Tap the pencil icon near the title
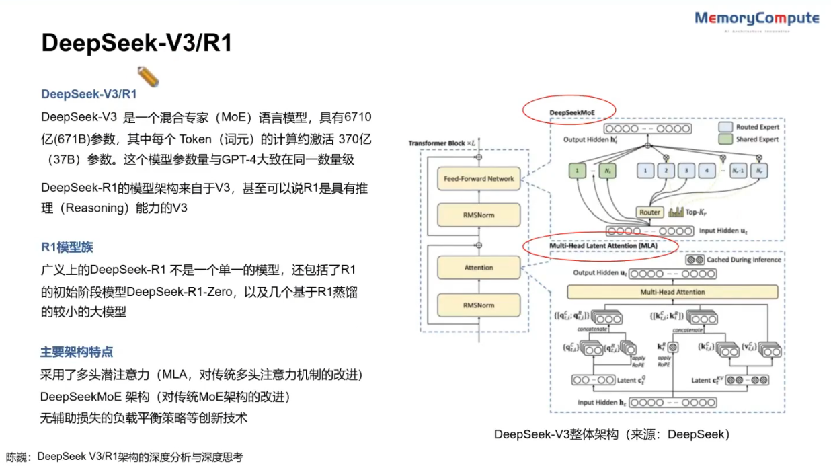coord(148,76)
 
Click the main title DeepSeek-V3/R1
coord(136,44)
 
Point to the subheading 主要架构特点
coord(77,352)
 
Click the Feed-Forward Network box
coord(479,178)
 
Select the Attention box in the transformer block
coord(479,268)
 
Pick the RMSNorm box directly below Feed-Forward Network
coord(479,216)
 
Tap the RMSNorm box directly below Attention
coord(479,305)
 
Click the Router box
coord(649,212)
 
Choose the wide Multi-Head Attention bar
coord(672,292)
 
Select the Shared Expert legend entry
coord(748,139)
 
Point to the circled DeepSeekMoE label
coord(573,112)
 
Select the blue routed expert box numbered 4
coord(707,171)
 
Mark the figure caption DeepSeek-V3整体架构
coord(611,434)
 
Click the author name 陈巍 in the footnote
coord(18,457)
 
